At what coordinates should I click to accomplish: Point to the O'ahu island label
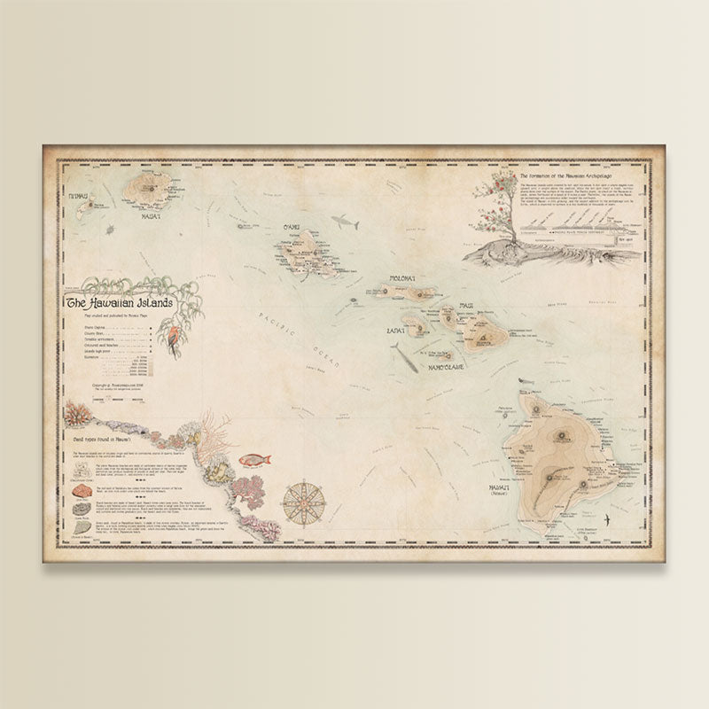pos(292,228)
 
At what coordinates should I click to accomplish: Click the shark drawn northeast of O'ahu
pos(344,222)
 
